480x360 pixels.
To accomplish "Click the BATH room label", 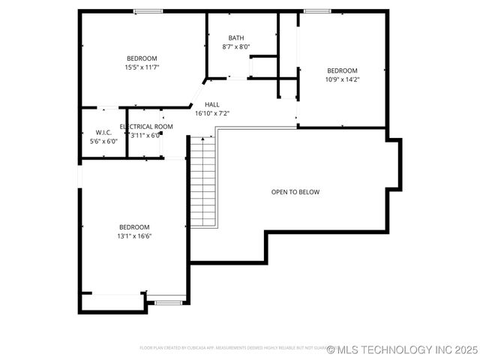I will pyautogui.click(x=236, y=38).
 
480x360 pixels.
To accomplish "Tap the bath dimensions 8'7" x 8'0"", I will pyautogui.click(x=236, y=46).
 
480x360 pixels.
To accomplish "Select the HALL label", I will pyautogui.click(x=212, y=105).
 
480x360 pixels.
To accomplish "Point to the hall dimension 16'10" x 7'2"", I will pyautogui.click(x=212, y=113).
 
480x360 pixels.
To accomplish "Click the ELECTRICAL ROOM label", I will pyautogui.click(x=146, y=127).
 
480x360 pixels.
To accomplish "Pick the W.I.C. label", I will pyautogui.click(x=103, y=133).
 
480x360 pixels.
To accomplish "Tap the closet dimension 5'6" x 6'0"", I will pyautogui.click(x=103, y=141).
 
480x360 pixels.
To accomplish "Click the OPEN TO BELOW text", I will pyautogui.click(x=295, y=192).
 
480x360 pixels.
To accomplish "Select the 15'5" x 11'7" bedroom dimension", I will pyautogui.click(x=142, y=67).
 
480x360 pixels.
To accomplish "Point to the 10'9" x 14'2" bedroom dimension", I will pyautogui.click(x=342, y=79).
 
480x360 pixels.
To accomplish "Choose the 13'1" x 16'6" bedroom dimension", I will pyautogui.click(x=134, y=235).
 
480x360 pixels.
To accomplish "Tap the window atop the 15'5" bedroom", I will pyautogui.click(x=148, y=11).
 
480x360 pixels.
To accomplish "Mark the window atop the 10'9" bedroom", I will pyautogui.click(x=317, y=11).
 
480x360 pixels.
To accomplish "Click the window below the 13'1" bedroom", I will pyautogui.click(x=169, y=302).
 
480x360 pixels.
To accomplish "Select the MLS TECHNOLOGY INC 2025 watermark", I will pyautogui.click(x=403, y=349).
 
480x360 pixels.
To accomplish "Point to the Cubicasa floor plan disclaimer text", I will pyautogui.click(x=232, y=348).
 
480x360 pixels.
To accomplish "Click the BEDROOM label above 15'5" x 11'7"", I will pyautogui.click(x=142, y=58).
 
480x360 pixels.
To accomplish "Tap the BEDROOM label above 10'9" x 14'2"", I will pyautogui.click(x=342, y=70).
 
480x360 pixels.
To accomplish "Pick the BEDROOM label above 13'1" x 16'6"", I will pyautogui.click(x=134, y=227).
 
